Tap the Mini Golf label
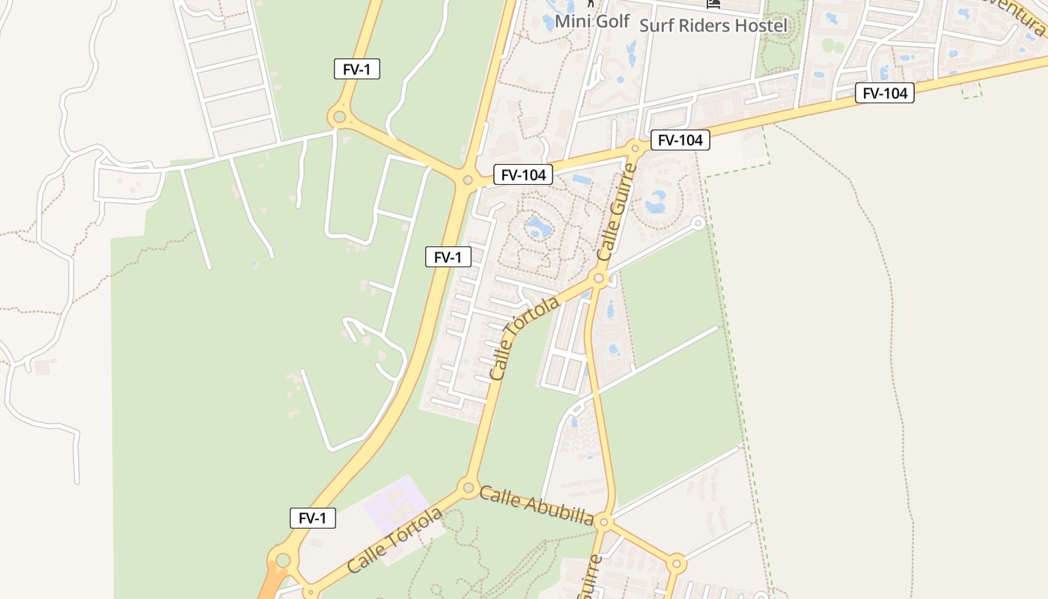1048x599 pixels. click(x=592, y=21)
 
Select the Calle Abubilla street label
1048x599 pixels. click(x=537, y=506)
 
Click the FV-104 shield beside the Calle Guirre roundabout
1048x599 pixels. click(x=680, y=140)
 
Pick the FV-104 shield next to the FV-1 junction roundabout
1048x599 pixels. click(x=523, y=175)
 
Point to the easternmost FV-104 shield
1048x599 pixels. click(x=885, y=94)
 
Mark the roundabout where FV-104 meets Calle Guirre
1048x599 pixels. click(x=636, y=148)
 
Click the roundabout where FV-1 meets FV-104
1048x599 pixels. click(x=468, y=180)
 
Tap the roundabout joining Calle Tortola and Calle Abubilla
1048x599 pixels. click(x=469, y=488)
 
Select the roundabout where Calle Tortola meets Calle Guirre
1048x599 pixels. click(x=598, y=279)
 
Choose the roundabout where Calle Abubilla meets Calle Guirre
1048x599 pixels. click(x=605, y=522)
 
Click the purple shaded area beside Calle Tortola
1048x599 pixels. click(x=395, y=502)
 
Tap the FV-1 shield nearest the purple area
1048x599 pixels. click(x=313, y=518)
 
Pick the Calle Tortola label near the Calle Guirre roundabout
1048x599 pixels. click(x=525, y=338)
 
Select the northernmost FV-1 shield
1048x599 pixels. click(x=357, y=70)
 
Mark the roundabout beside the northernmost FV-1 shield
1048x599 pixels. click(x=339, y=117)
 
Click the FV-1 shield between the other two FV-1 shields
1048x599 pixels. click(x=448, y=258)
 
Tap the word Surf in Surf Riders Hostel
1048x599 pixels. click(x=656, y=25)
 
